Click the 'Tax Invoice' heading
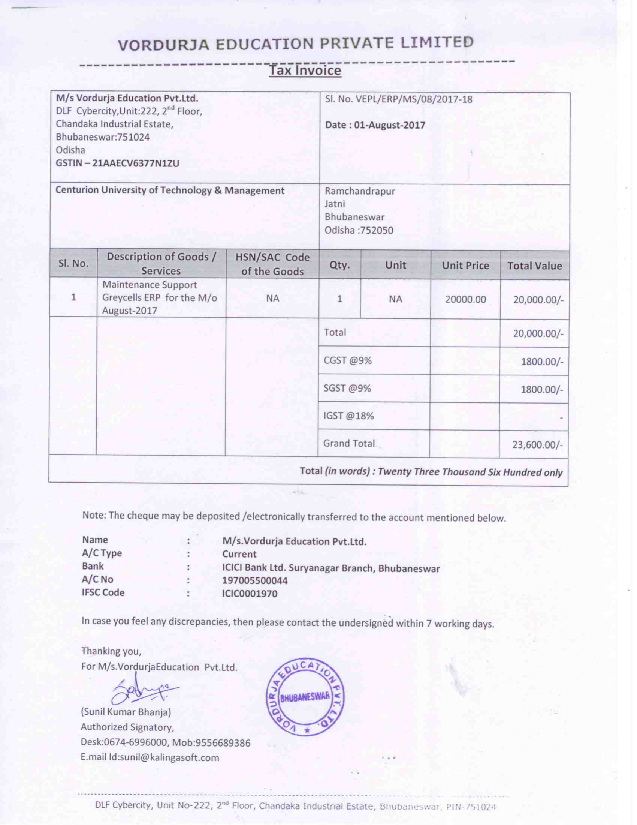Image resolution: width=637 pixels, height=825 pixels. (x=305, y=70)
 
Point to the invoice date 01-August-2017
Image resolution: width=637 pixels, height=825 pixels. (x=390, y=125)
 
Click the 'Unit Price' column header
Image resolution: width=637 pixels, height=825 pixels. (x=465, y=265)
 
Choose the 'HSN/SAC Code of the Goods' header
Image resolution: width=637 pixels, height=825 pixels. (x=272, y=264)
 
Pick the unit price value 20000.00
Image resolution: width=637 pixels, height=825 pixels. (x=465, y=300)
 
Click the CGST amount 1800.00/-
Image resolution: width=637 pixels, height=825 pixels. (x=542, y=361)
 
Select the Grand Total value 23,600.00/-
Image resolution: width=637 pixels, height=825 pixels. (x=537, y=445)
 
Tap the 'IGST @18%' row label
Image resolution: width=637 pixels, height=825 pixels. (x=348, y=416)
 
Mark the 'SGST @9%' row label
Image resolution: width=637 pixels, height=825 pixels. (x=347, y=388)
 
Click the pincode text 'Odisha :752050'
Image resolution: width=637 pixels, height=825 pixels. (x=359, y=230)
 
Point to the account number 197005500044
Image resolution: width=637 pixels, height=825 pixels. (x=255, y=580)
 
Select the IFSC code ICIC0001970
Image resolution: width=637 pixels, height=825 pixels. (x=250, y=594)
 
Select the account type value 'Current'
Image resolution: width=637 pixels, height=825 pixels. (x=239, y=554)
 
